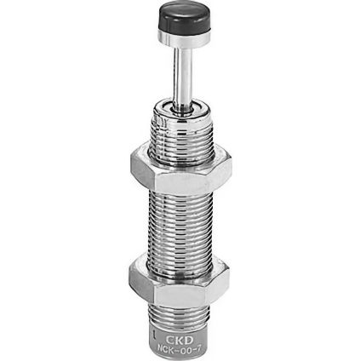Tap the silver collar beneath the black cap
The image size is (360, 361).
tap(184, 39)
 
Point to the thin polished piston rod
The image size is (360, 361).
tap(180, 77)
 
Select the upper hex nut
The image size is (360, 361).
tap(181, 170)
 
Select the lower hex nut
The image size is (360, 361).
tap(179, 280)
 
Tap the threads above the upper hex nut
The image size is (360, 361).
tap(181, 135)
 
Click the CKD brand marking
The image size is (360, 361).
tap(179, 340)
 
